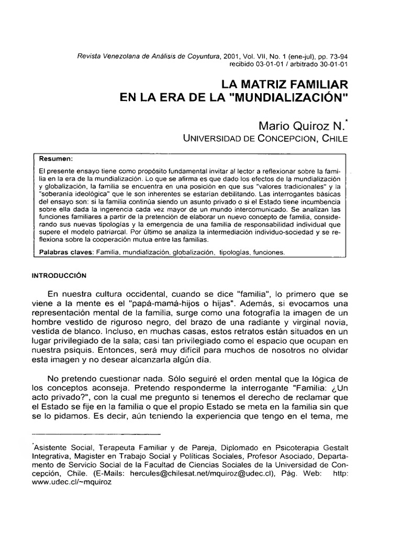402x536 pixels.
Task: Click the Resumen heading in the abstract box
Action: [x=56, y=158]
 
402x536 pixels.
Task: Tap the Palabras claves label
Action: [x=65, y=252]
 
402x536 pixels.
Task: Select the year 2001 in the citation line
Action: [x=231, y=55]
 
